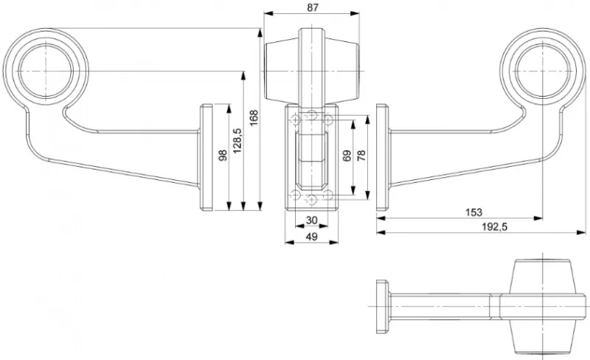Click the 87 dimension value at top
(312, 7)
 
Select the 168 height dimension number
(254, 118)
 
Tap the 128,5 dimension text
(237, 140)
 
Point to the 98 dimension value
(223, 156)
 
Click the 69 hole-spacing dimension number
(347, 156)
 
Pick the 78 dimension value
(361, 156)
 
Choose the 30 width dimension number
(311, 221)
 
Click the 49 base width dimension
(311, 237)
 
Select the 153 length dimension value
(473, 212)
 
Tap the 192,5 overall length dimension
(495, 227)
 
